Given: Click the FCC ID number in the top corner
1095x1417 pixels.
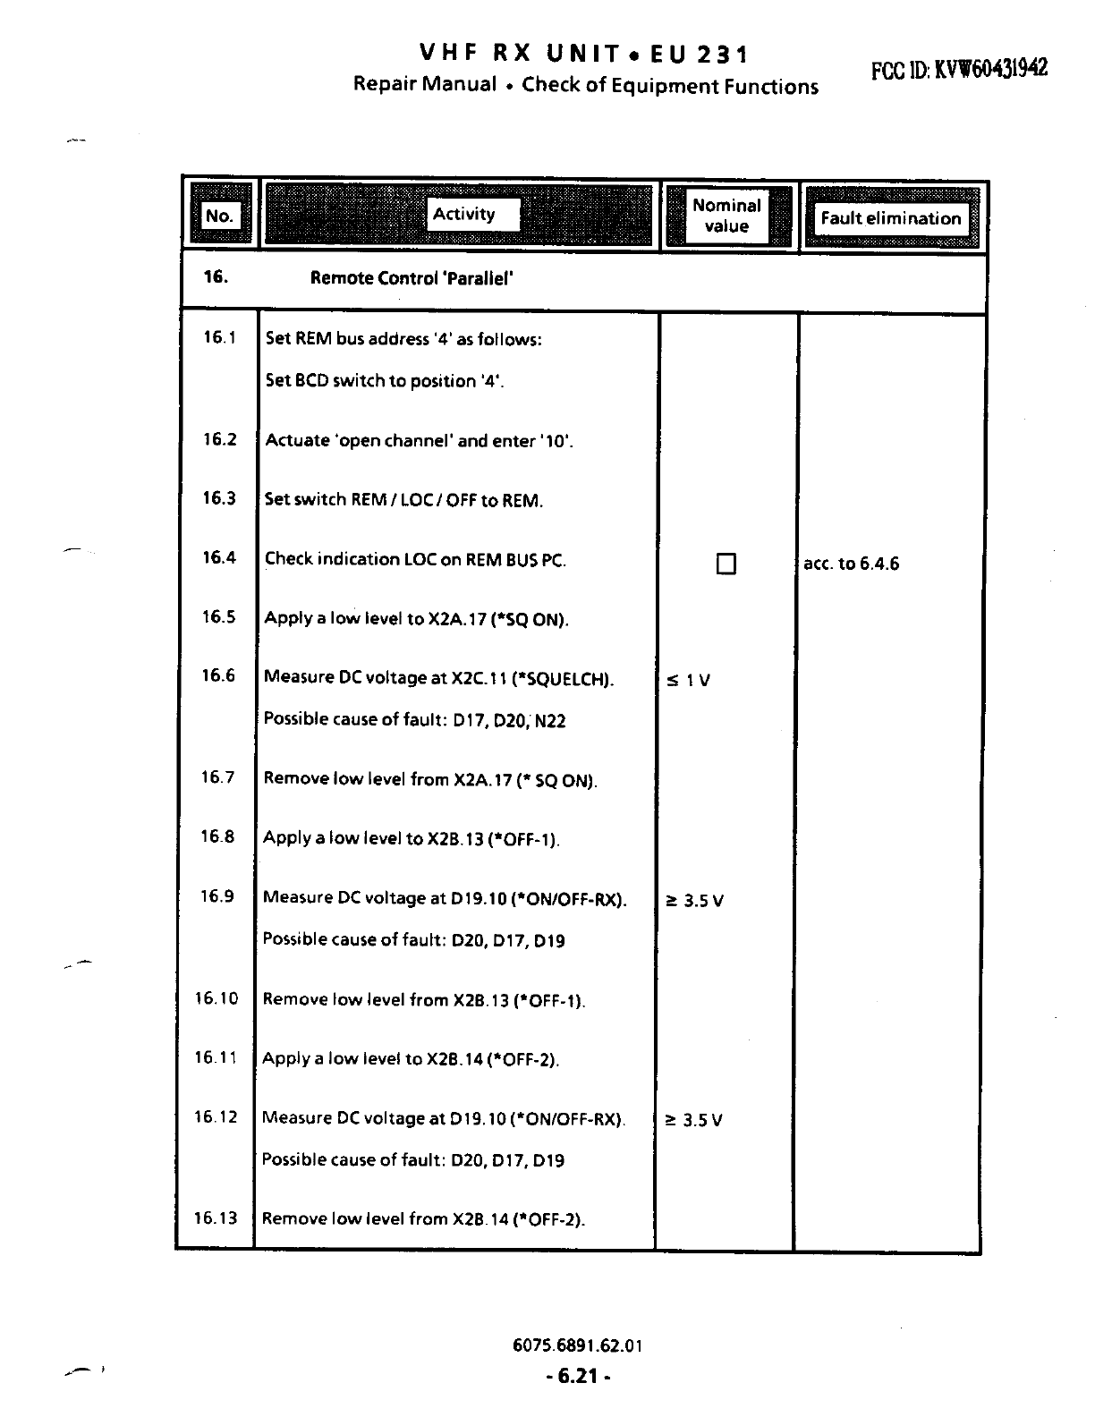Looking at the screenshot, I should [959, 69].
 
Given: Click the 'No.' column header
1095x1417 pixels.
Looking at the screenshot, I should [219, 216].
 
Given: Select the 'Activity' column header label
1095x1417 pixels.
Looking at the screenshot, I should [463, 214].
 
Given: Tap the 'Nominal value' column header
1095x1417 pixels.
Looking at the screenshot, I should [726, 216].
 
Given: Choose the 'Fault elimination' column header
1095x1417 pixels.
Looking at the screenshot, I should [890, 218].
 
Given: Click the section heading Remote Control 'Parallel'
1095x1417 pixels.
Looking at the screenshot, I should [412, 278].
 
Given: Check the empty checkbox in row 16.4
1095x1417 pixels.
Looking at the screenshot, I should [726, 564].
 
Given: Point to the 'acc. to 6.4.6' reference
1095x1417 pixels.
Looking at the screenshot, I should [851, 564].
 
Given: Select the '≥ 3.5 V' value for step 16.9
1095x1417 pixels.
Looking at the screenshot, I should [694, 901].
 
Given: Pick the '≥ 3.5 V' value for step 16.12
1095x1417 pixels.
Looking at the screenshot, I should [693, 1120].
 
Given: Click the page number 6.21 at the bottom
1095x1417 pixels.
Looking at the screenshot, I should [578, 1376].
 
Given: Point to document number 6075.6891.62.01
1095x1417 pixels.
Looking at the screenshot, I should [578, 1345].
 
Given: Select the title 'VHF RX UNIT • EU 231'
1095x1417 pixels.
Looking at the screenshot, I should [585, 55].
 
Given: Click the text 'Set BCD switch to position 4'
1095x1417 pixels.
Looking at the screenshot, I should [385, 381].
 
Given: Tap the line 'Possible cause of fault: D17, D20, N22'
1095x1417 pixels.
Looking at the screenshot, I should [414, 720].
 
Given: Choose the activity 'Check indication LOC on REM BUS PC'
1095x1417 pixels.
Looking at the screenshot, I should [415, 560].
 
